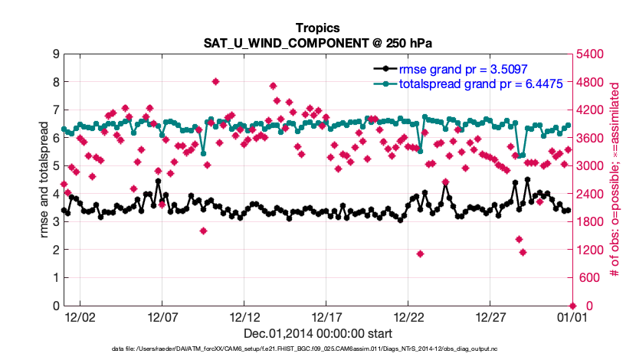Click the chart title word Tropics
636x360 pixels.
pyautogui.click(x=317, y=28)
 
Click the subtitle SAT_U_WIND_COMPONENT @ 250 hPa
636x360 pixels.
pyautogui.click(x=317, y=43)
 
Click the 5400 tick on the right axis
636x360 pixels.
pyautogui.click(x=589, y=54)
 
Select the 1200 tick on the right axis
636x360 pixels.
pyautogui.click(x=589, y=250)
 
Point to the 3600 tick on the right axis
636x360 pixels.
pyautogui.click(x=589, y=139)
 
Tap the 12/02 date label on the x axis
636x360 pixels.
pyautogui.click(x=80, y=316)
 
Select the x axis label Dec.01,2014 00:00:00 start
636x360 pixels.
pyautogui.click(x=317, y=333)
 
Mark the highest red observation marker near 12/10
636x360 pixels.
pyautogui.click(x=216, y=81)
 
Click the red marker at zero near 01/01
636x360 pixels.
pyautogui.click(x=572, y=306)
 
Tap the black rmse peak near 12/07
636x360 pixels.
pyautogui.click(x=158, y=182)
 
